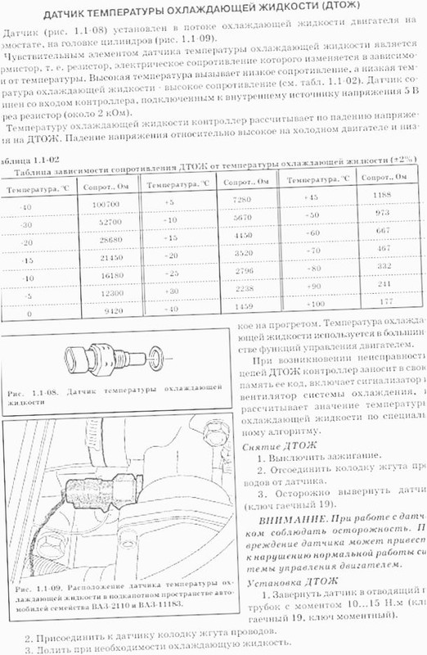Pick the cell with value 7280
click(240, 201)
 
